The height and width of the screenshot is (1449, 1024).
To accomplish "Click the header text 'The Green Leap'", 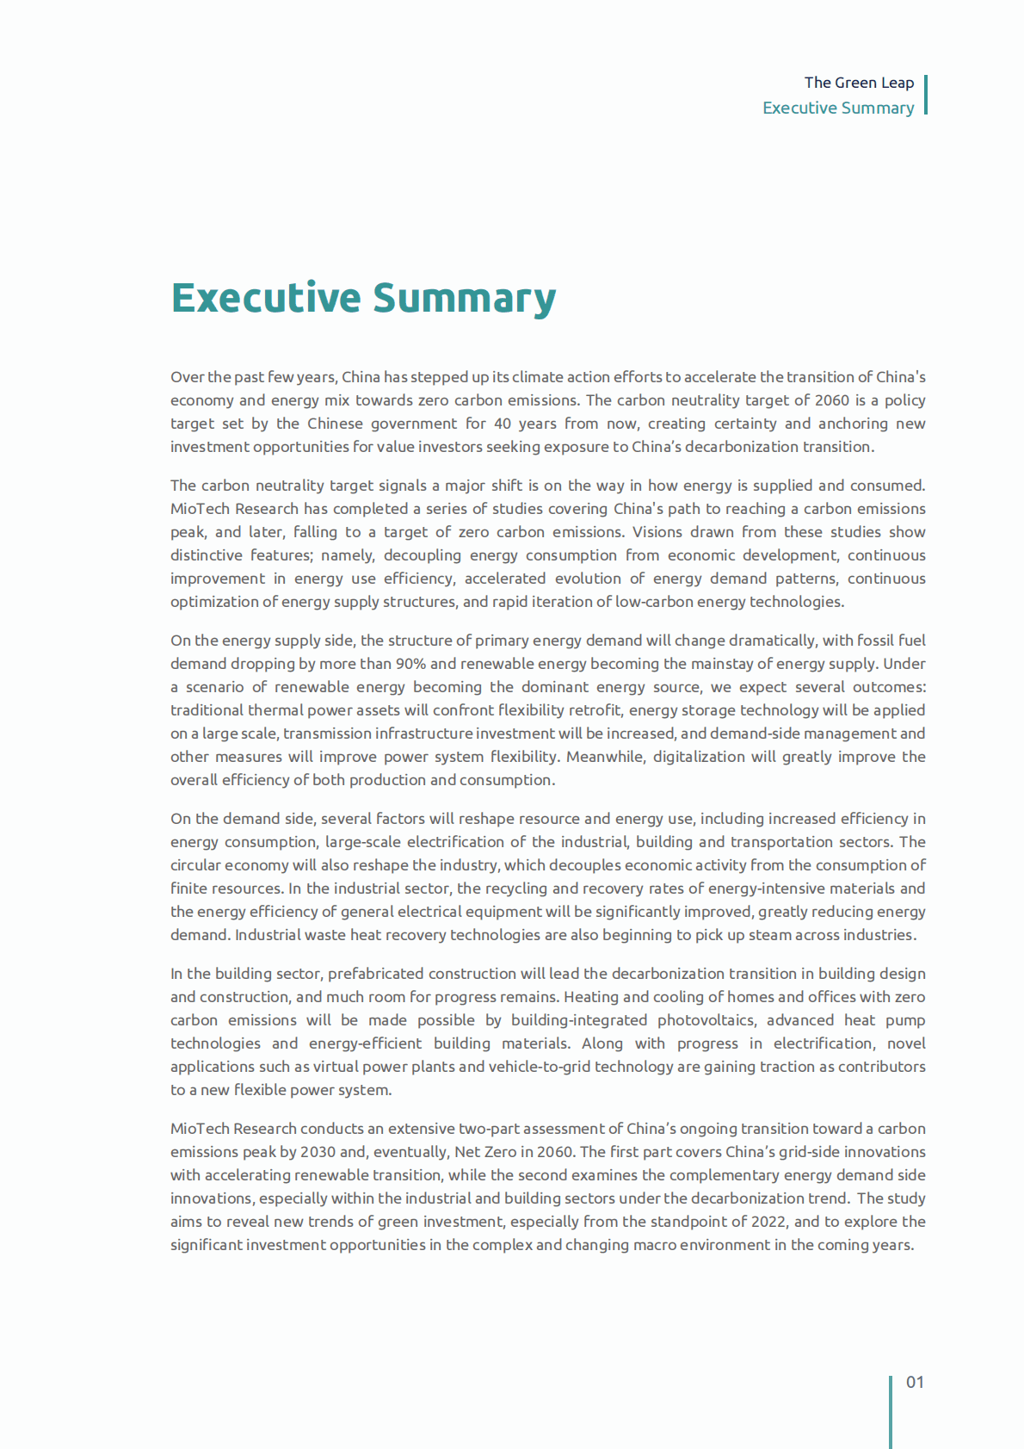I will click(x=859, y=83).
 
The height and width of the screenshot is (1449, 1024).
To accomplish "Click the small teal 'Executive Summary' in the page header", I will click(x=838, y=108).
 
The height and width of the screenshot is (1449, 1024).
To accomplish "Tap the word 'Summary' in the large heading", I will click(x=465, y=298).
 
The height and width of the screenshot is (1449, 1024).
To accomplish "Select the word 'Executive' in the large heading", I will click(x=266, y=298).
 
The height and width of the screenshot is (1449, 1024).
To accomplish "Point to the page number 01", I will click(x=915, y=1382).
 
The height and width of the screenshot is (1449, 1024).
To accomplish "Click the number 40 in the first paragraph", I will click(x=503, y=424).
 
